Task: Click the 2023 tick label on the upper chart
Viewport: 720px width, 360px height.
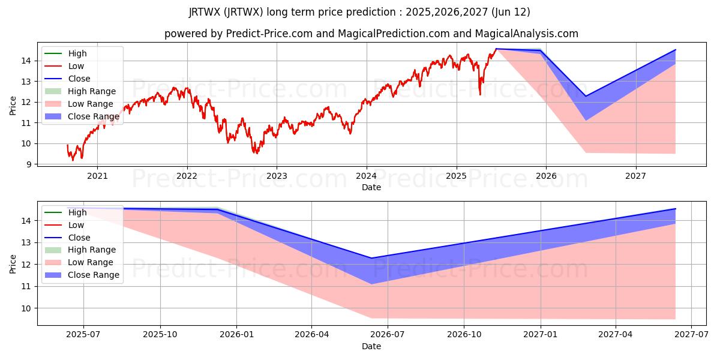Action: (277, 176)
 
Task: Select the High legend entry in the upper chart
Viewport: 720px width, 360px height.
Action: (77, 53)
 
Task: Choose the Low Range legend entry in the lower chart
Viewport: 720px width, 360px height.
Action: (90, 262)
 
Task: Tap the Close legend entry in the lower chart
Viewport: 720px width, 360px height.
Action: (79, 238)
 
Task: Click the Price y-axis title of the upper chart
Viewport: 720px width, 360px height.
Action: (13, 105)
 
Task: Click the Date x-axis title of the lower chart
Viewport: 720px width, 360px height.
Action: (371, 346)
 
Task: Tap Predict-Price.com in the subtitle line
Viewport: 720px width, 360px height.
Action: (269, 34)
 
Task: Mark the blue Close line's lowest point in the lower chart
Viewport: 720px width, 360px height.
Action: (371, 258)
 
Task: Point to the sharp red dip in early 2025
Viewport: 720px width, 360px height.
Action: (480, 94)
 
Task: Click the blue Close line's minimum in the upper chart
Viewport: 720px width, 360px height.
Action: (586, 96)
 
